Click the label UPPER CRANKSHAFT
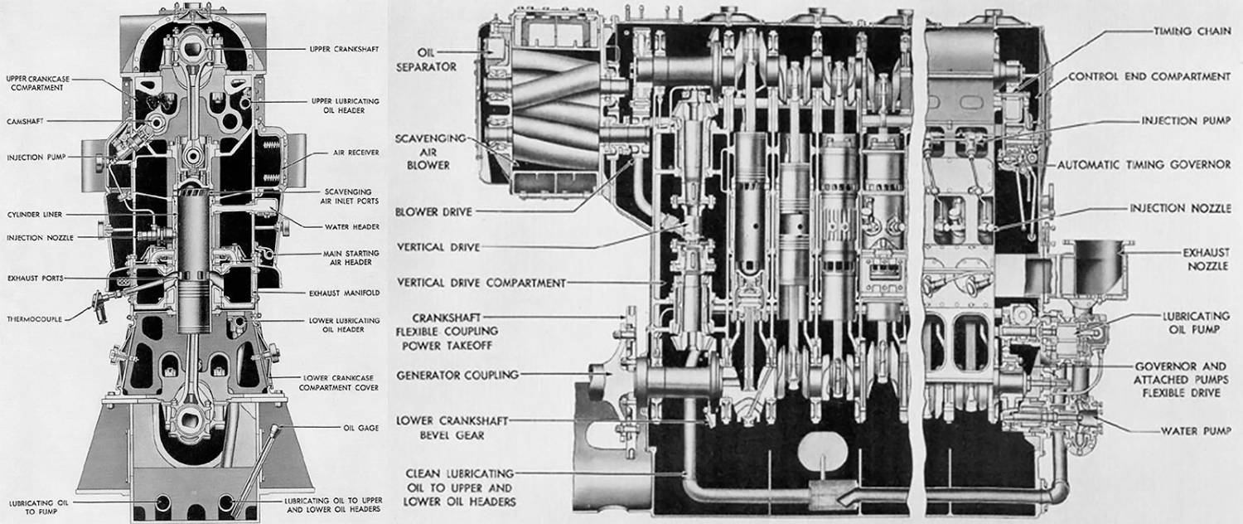tap(344, 49)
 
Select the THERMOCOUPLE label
tap(35, 318)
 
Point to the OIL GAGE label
tap(361, 428)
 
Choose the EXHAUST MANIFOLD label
tap(346, 293)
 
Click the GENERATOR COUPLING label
tap(457, 375)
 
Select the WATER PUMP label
tap(1189, 431)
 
